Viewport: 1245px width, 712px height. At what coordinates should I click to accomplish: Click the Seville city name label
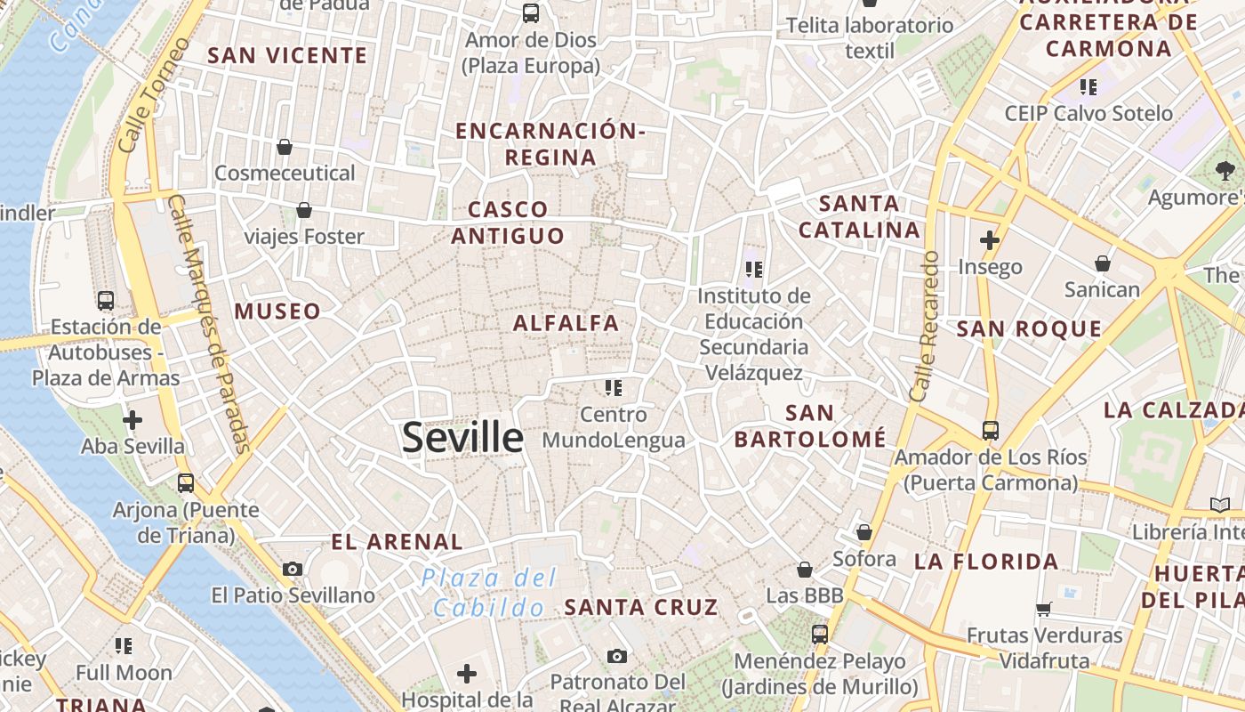(462, 437)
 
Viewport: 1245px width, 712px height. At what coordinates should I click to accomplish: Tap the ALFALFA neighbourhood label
(566, 323)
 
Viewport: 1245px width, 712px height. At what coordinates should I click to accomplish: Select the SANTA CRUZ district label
(640, 608)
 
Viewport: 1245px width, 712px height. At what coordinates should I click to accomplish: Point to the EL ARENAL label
(397, 542)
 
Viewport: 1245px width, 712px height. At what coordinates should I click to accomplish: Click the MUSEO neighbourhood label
(277, 311)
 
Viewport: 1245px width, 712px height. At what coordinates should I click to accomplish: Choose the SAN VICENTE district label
(287, 56)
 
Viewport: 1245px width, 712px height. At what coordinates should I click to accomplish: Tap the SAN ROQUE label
(1029, 329)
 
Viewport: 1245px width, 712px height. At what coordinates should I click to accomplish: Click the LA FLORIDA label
(986, 562)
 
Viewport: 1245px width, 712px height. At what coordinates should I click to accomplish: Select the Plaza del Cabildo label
(488, 593)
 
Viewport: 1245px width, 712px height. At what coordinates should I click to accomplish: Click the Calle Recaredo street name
(925, 325)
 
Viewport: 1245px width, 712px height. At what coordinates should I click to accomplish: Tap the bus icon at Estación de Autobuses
(106, 301)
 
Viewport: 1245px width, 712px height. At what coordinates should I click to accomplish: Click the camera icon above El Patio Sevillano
(293, 569)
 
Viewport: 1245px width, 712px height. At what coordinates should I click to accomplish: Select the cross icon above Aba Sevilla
(133, 419)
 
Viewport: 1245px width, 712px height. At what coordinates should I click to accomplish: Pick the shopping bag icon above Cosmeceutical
(285, 147)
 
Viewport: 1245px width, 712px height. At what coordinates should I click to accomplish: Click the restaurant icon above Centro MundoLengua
(613, 387)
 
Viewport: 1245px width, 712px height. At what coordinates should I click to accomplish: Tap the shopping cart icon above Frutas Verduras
(1044, 610)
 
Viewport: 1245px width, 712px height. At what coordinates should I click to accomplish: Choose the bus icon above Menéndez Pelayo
(819, 635)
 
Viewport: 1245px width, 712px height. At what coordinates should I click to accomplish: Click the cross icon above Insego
(990, 239)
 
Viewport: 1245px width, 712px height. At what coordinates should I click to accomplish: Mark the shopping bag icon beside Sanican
(1103, 263)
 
